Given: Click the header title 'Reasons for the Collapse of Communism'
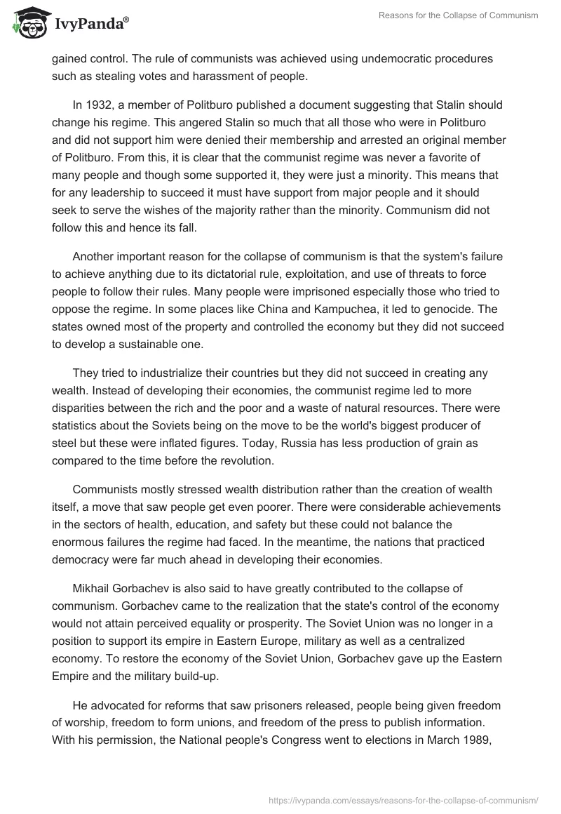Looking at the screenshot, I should pos(458,17).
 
